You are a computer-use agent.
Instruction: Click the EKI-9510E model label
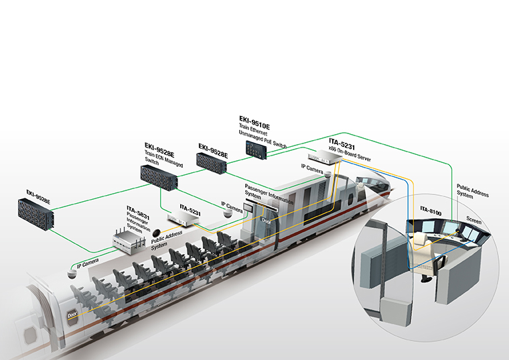254,119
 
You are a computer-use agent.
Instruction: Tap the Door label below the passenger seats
72,314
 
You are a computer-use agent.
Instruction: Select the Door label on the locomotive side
267,220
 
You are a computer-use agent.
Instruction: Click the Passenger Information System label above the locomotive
260,190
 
